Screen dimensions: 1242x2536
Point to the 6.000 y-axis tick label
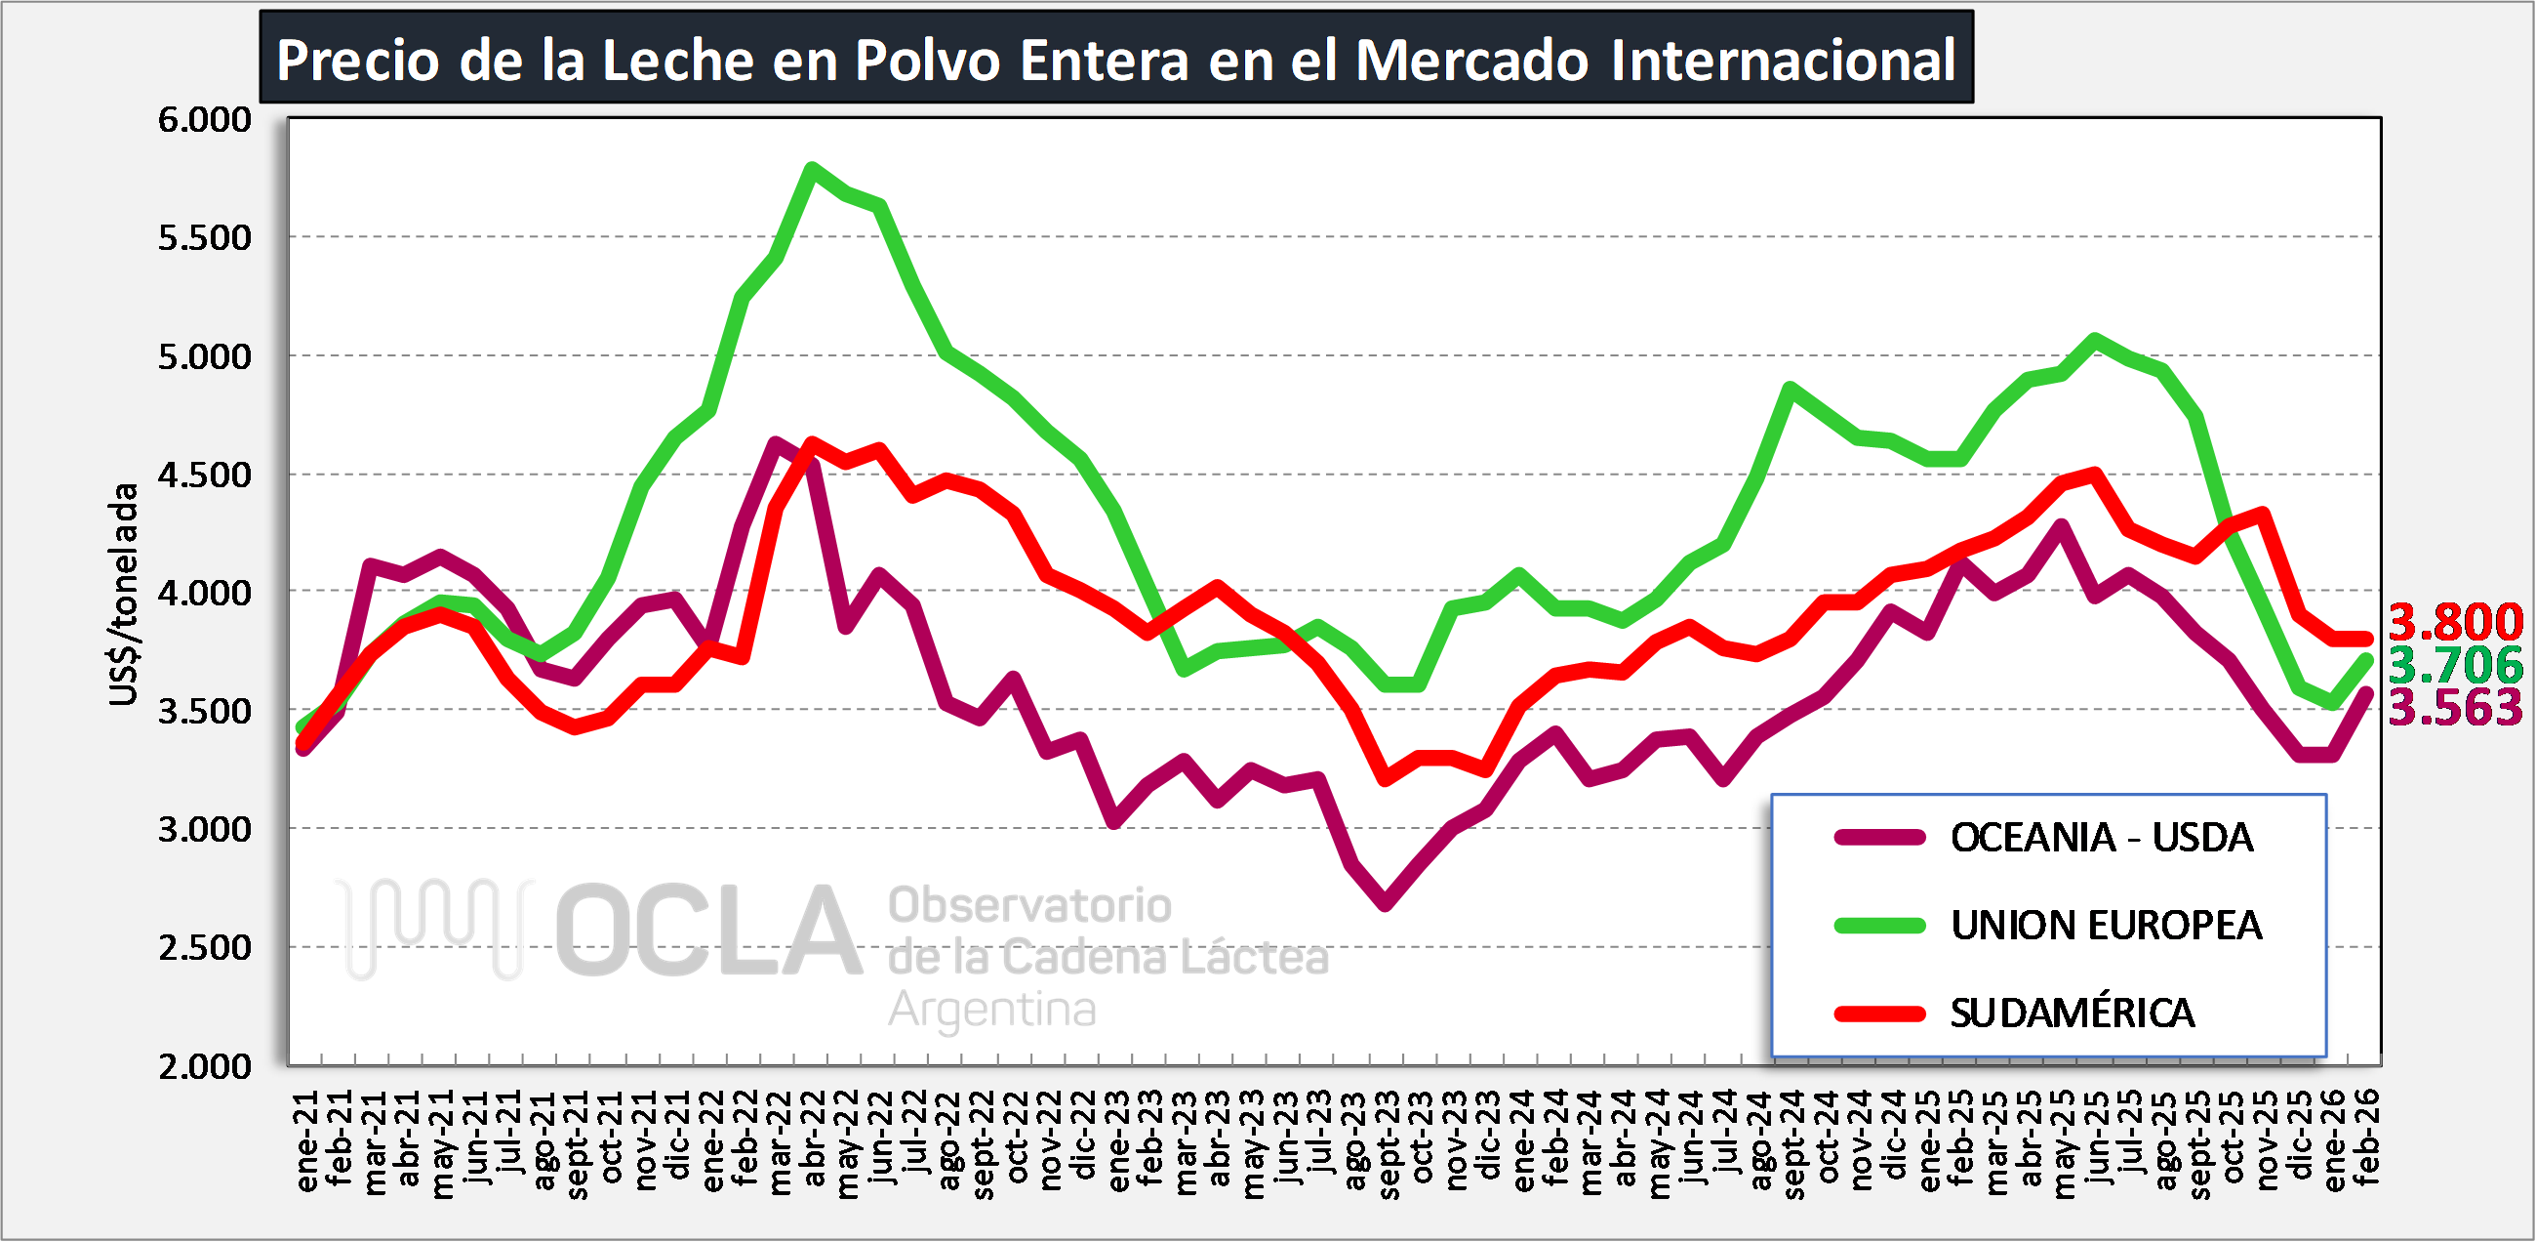click(x=205, y=120)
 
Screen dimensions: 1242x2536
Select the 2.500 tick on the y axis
click(x=205, y=948)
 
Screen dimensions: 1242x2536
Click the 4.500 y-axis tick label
click(x=205, y=475)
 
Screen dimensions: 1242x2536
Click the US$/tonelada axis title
click(x=124, y=594)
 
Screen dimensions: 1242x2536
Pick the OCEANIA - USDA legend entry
click(x=2101, y=838)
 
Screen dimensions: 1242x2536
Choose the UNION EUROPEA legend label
click(x=2106, y=926)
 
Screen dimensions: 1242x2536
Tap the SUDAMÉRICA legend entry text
click(x=2072, y=1014)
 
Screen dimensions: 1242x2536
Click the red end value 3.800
click(x=2455, y=623)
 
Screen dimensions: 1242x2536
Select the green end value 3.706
click(x=2455, y=666)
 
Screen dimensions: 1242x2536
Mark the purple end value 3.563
click(x=2455, y=708)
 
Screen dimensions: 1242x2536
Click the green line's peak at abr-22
click(x=811, y=168)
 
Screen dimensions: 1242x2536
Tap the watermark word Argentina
click(x=991, y=1010)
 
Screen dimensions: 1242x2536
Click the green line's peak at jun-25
click(x=2095, y=340)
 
